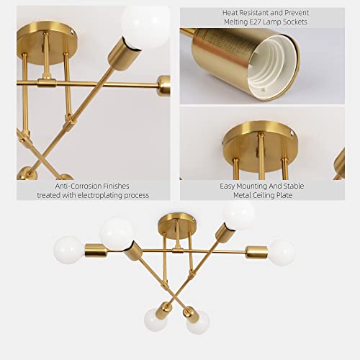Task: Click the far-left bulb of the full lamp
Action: pos(68,250)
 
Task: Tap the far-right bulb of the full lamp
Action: pos(282,252)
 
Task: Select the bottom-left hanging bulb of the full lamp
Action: pos(155,319)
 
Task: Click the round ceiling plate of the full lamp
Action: pos(172,220)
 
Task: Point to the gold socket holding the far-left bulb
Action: pos(95,251)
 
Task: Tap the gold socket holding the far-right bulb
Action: pos(256,252)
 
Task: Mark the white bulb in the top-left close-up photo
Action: pos(146,24)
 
